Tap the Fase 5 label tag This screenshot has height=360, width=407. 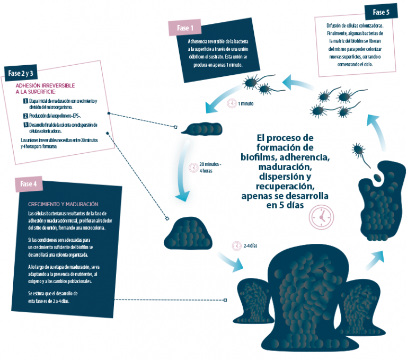380,12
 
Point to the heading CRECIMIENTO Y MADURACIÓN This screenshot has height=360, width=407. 63,204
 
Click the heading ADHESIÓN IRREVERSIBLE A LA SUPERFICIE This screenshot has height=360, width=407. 45,88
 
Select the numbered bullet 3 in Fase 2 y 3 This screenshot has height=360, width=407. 25,125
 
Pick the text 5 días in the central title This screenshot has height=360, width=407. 288,206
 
